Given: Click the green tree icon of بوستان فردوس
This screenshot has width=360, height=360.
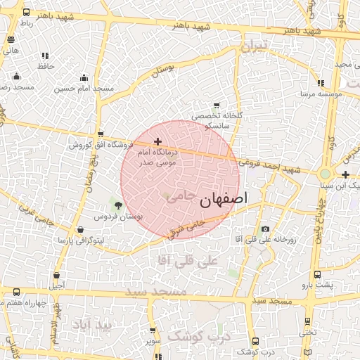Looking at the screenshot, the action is coord(117,205).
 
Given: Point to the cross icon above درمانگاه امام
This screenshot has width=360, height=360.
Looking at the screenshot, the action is coord(157,142).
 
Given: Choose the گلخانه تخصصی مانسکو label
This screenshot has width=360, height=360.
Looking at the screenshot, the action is coord(209,120).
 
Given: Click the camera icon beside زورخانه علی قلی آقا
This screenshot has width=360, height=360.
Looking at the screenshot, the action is coord(265,229).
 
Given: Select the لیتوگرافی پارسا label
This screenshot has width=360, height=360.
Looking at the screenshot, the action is coord(82,240).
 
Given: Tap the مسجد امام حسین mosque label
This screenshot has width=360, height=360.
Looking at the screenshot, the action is coord(84,89).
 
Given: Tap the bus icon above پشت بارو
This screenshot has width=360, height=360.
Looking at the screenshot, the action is coord(316,275).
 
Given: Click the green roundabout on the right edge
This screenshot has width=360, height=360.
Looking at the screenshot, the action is coord(325,174).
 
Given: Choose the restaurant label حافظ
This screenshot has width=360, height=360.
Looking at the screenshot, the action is coord(46,65).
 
